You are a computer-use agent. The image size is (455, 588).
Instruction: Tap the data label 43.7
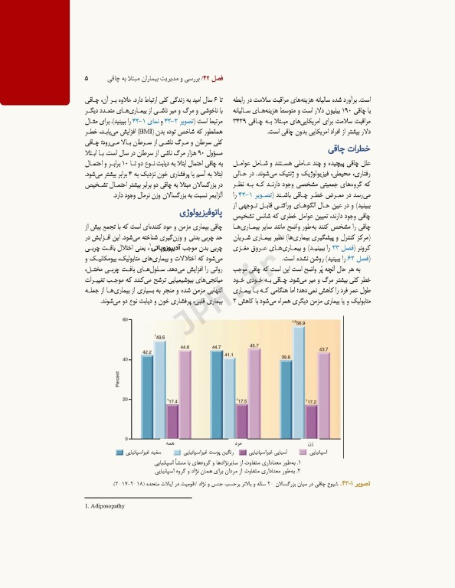(324, 350)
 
